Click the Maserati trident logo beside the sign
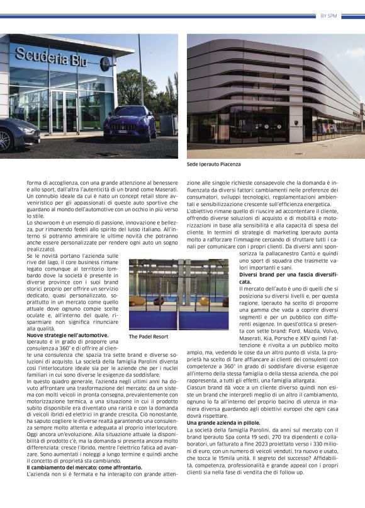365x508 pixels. (104, 64)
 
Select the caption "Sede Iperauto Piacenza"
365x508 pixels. (213, 165)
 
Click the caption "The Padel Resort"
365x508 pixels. (149, 337)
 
